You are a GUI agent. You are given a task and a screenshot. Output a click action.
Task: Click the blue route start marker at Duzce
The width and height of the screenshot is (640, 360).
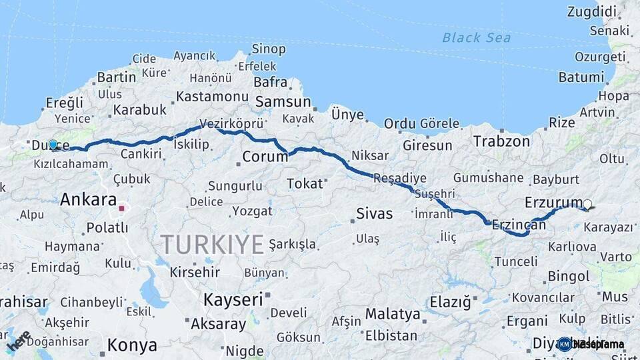pyautogui.click(x=53, y=144)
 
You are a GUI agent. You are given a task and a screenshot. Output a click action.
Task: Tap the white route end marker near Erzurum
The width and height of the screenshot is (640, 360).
pyautogui.click(x=587, y=205)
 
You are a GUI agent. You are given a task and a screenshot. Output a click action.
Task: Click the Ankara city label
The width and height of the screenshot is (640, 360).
pyautogui.click(x=88, y=199)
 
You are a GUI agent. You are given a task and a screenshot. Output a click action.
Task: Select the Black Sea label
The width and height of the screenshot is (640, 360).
pyautogui.click(x=477, y=37)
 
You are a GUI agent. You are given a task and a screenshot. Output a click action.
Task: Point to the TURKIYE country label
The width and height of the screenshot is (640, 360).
pyautogui.click(x=212, y=245)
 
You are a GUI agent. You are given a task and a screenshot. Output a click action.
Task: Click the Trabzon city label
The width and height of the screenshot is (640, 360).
pyautogui.click(x=501, y=141)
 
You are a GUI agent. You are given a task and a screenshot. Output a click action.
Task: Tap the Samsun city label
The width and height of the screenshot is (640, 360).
pyautogui.click(x=283, y=102)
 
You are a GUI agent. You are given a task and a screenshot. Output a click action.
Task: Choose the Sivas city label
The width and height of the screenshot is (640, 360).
pyautogui.click(x=375, y=214)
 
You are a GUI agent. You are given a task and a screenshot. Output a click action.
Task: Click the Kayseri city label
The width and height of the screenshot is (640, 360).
pyautogui.click(x=233, y=299)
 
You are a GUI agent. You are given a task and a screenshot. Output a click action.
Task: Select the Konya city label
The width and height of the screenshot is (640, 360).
pyautogui.click(x=132, y=345)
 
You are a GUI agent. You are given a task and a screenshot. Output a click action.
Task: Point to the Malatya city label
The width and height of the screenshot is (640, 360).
pyautogui.click(x=393, y=314)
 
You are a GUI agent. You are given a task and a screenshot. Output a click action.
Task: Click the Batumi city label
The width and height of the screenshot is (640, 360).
pyautogui.click(x=581, y=77)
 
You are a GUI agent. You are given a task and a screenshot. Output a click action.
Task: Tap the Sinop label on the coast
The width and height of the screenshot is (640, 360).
pyautogui.click(x=269, y=49)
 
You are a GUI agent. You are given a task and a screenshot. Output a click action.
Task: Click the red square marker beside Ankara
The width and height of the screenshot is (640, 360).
pyautogui.click(x=121, y=208)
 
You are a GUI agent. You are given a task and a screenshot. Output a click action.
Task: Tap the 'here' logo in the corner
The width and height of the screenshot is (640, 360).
pyautogui.click(x=19, y=341)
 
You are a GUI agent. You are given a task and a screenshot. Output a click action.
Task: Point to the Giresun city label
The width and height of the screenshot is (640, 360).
pyautogui.click(x=427, y=145)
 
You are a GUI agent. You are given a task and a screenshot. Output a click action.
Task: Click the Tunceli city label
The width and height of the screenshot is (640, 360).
pyautogui.click(x=515, y=261)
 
